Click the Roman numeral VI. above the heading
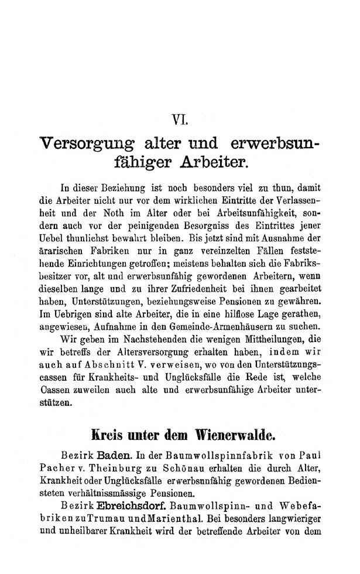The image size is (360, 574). point(180,121)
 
